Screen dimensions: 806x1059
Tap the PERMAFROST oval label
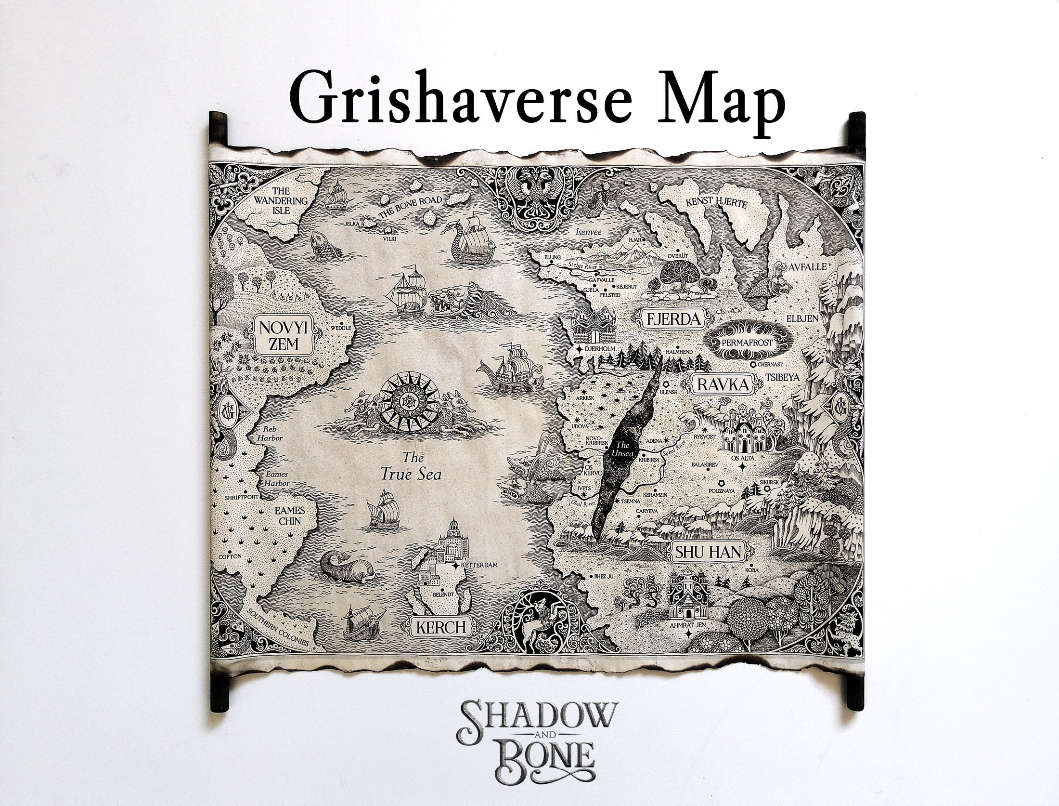point(747,343)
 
